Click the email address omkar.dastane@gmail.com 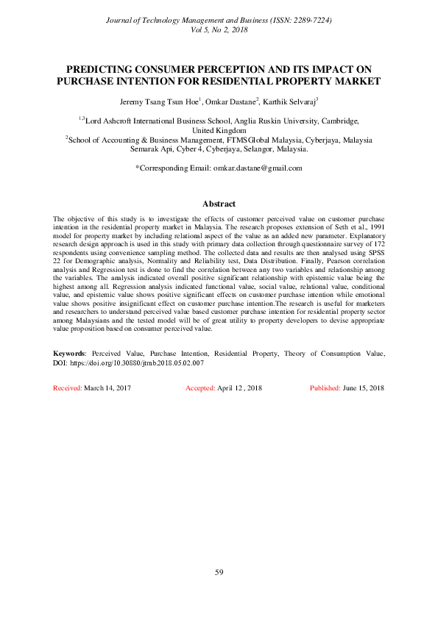coord(258,168)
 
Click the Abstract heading coord(219,204)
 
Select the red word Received coord(67,387)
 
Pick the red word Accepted coord(199,387)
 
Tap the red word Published coord(325,387)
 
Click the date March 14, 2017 coord(107,387)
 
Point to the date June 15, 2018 coord(364,387)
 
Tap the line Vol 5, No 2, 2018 coord(219,29)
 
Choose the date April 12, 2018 coord(240,387)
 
